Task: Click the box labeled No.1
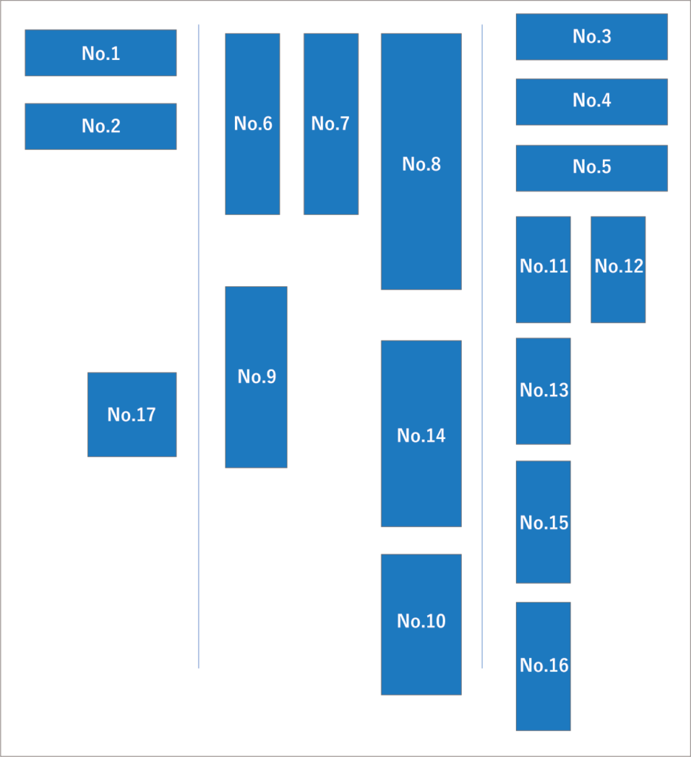coord(101,52)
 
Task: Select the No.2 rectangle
coord(101,126)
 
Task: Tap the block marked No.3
coord(591,37)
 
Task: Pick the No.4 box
coord(591,102)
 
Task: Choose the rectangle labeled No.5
coord(591,168)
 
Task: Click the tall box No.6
coord(252,124)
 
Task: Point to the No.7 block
coord(331,124)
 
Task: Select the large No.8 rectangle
coord(421,161)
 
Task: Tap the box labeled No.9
coord(256,377)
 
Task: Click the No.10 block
coord(421,625)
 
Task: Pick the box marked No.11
coord(543,269)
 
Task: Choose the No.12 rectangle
coord(618,269)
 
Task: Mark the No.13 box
coord(543,391)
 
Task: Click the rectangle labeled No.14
coord(421,433)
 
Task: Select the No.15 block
coord(543,522)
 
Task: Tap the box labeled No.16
coord(543,666)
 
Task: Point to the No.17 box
coord(132,415)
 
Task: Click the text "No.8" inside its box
coord(421,164)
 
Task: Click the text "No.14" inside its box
coord(421,435)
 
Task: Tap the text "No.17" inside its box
coord(132,415)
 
